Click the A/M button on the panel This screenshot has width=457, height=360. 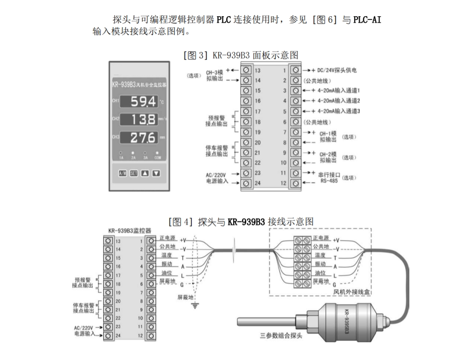[x=122, y=173]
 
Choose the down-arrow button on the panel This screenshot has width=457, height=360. [x=156, y=173]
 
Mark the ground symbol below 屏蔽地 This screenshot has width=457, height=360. [x=195, y=306]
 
